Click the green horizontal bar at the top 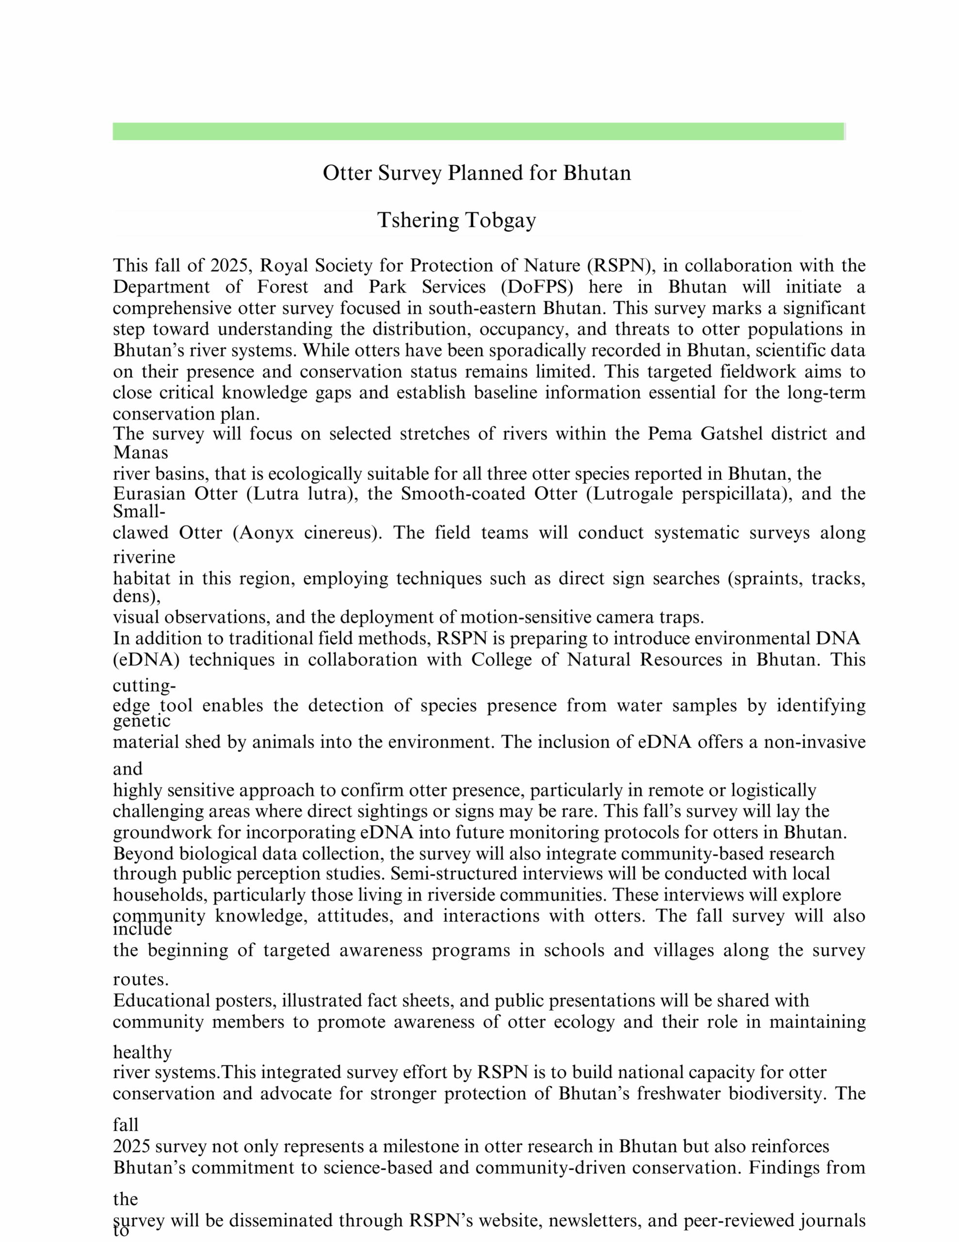pyautogui.click(x=479, y=131)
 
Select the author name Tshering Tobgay pyautogui.click(x=457, y=220)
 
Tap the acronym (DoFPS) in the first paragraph pyautogui.click(x=537, y=287)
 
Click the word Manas pyautogui.click(x=141, y=453)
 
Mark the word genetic pyautogui.click(x=142, y=721)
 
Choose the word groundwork pyautogui.click(x=161, y=833)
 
